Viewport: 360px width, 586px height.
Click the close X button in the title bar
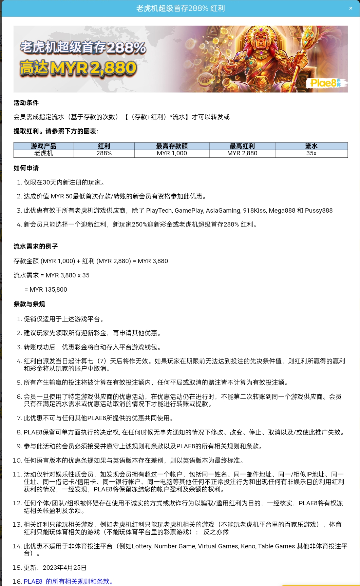(351, 8)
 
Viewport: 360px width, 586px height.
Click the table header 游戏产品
(43, 146)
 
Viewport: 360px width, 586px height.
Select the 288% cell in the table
(104, 153)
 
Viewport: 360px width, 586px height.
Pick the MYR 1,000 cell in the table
(172, 153)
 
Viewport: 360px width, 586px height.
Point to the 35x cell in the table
(311, 153)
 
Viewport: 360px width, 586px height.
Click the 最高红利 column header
(242, 146)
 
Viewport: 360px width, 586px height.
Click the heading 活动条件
(26, 103)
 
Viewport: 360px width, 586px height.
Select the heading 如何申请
(26, 168)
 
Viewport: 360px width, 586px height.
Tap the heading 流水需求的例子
(36, 247)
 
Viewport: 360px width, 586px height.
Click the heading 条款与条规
(29, 304)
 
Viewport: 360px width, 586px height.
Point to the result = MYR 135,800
(46, 290)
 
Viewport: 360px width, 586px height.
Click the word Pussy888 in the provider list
(319, 211)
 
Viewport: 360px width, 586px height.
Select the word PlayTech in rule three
(159, 211)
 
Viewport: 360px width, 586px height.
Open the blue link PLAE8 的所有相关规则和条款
(68, 582)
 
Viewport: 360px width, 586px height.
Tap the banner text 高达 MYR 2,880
(78, 68)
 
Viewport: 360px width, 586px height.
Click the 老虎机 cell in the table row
(43, 153)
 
